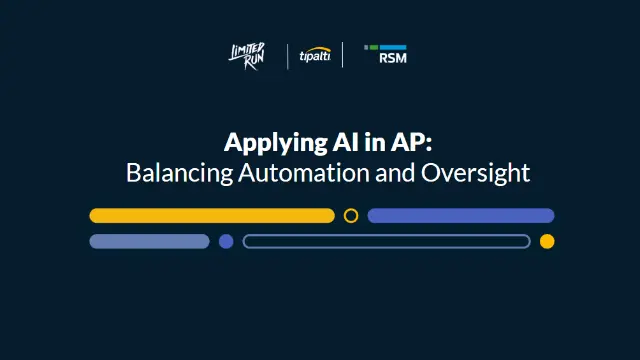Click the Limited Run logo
[x=248, y=56]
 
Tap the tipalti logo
[x=315, y=56]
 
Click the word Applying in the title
[x=264, y=141]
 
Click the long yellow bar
[x=212, y=215]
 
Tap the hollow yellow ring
[x=351, y=215]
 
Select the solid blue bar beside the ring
[x=461, y=215]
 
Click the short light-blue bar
[x=149, y=241]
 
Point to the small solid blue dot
[x=226, y=241]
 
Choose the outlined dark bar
[x=386, y=241]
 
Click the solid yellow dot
[x=547, y=241]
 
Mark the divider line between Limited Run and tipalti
[x=287, y=56]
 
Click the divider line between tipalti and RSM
[x=343, y=56]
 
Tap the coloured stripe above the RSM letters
[x=385, y=46]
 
